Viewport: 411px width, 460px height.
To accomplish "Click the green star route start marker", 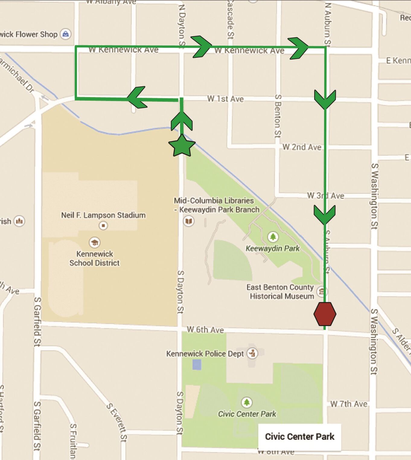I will [182, 146].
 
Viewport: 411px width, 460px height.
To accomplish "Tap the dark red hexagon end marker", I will [325, 314].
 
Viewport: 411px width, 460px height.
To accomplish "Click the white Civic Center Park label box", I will [300, 437].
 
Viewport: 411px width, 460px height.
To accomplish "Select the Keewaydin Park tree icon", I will [273, 237].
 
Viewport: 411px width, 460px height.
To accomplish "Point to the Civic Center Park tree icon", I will [247, 402].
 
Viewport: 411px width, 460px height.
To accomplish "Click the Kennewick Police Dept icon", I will [252, 353].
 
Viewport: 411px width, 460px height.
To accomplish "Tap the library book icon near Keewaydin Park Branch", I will [189, 221].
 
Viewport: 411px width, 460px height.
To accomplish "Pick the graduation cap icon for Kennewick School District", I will [95, 242].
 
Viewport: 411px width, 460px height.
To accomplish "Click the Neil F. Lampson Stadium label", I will [103, 215].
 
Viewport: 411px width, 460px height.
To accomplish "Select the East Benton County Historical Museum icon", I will [322, 291].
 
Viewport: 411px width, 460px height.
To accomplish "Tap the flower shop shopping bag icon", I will [65, 34].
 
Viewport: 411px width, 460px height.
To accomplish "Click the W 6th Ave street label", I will [205, 329].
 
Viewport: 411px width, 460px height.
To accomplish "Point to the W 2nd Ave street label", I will [302, 147].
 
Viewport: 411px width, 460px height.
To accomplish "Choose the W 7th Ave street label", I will [349, 404].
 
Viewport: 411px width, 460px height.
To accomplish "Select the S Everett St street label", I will [116, 422].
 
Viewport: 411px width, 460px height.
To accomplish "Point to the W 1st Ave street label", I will [225, 99].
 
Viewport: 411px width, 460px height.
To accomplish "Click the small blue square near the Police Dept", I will [197, 364].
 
